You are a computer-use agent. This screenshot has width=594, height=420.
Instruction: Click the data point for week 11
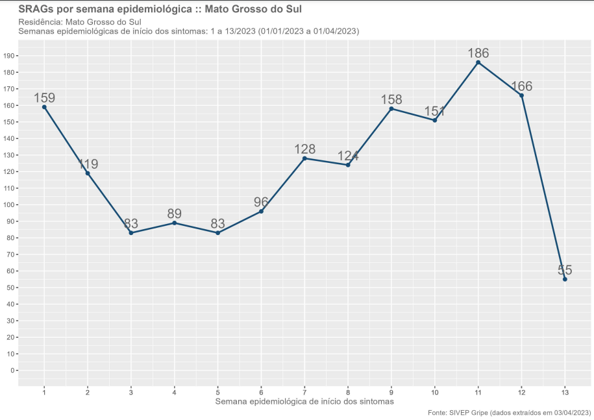point(478,62)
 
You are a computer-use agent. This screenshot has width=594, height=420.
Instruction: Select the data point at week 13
point(565,279)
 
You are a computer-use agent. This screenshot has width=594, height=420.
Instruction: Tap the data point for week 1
point(44,107)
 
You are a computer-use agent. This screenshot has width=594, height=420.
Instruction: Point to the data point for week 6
point(261,211)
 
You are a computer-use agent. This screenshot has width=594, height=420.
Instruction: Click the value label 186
point(478,53)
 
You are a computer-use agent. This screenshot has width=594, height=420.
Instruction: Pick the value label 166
point(521,86)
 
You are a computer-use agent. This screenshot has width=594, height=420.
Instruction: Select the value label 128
point(304,149)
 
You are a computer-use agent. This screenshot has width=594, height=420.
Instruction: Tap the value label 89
point(174,214)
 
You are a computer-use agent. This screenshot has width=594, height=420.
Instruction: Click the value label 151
point(434,111)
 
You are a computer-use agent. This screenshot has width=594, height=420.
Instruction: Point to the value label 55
point(565,270)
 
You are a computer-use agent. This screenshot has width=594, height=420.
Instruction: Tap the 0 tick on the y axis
point(12,371)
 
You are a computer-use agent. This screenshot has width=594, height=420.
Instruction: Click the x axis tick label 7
point(304,392)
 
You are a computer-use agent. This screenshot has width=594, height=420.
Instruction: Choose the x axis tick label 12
point(521,392)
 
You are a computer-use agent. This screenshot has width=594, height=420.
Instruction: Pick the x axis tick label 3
point(131,392)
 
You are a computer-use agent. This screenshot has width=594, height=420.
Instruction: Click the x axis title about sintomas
point(304,402)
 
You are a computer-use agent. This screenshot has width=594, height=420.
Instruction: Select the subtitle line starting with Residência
point(79,22)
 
